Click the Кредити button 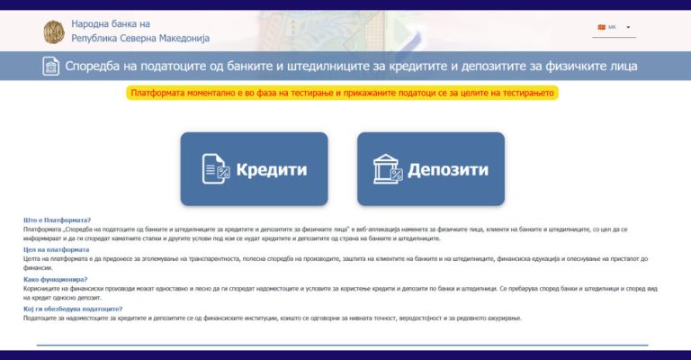pyautogui.click(x=254, y=169)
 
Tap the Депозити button pyautogui.click(x=430, y=169)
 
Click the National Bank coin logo pyautogui.click(x=55, y=31)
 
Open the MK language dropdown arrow pyautogui.click(x=628, y=27)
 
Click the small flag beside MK pyautogui.click(x=600, y=27)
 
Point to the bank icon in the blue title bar pyautogui.click(x=52, y=67)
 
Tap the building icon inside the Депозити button pyautogui.click(x=387, y=169)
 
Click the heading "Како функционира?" pyautogui.click(x=55, y=279)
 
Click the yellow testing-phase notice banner pyautogui.click(x=345, y=93)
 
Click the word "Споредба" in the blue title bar pyautogui.click(x=100, y=67)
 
